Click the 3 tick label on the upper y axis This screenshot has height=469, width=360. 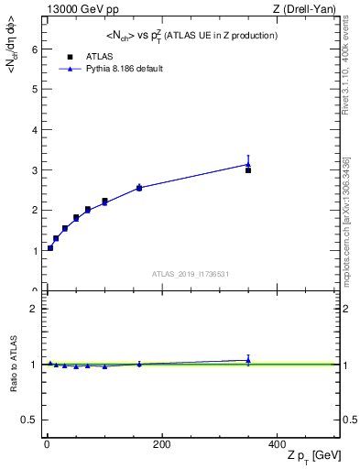coord(33,170)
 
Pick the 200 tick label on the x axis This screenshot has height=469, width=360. coord(161,443)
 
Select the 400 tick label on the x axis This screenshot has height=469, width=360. coord(277,443)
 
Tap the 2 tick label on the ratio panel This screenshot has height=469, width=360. coord(33,309)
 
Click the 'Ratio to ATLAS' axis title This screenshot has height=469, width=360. coord(14,364)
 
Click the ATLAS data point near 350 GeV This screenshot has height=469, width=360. coord(248,170)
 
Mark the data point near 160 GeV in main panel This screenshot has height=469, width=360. coord(139,188)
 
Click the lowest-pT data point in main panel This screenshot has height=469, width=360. coord(50,247)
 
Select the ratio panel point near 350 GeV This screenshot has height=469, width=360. coord(248,360)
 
